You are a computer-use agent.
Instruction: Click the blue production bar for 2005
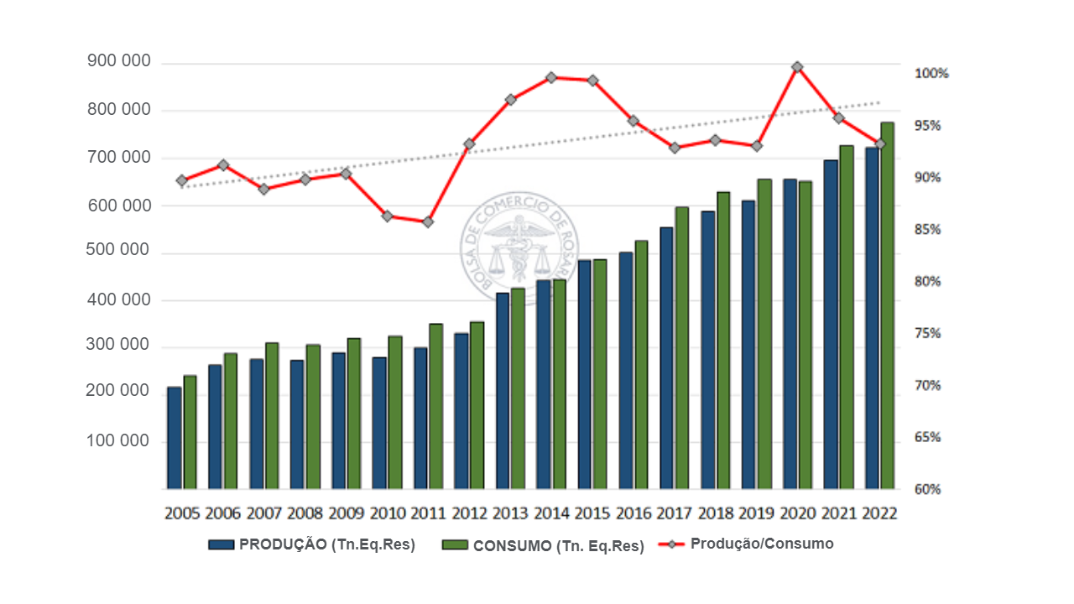175,438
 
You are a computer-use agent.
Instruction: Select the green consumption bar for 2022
888,306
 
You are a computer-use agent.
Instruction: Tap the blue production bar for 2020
790,334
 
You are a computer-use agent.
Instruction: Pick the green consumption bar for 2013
518,388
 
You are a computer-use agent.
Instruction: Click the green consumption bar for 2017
682,348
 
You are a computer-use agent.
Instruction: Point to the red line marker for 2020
797,67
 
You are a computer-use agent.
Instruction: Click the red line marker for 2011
428,222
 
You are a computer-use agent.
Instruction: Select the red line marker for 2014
551,77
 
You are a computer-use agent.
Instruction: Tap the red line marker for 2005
181,180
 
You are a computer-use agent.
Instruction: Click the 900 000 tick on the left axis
118,62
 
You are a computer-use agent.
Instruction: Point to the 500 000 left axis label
118,252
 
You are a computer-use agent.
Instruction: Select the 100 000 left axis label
118,441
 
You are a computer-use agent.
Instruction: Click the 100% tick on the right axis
931,74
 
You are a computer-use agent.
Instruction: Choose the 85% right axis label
931,230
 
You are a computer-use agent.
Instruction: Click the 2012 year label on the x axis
469,513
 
